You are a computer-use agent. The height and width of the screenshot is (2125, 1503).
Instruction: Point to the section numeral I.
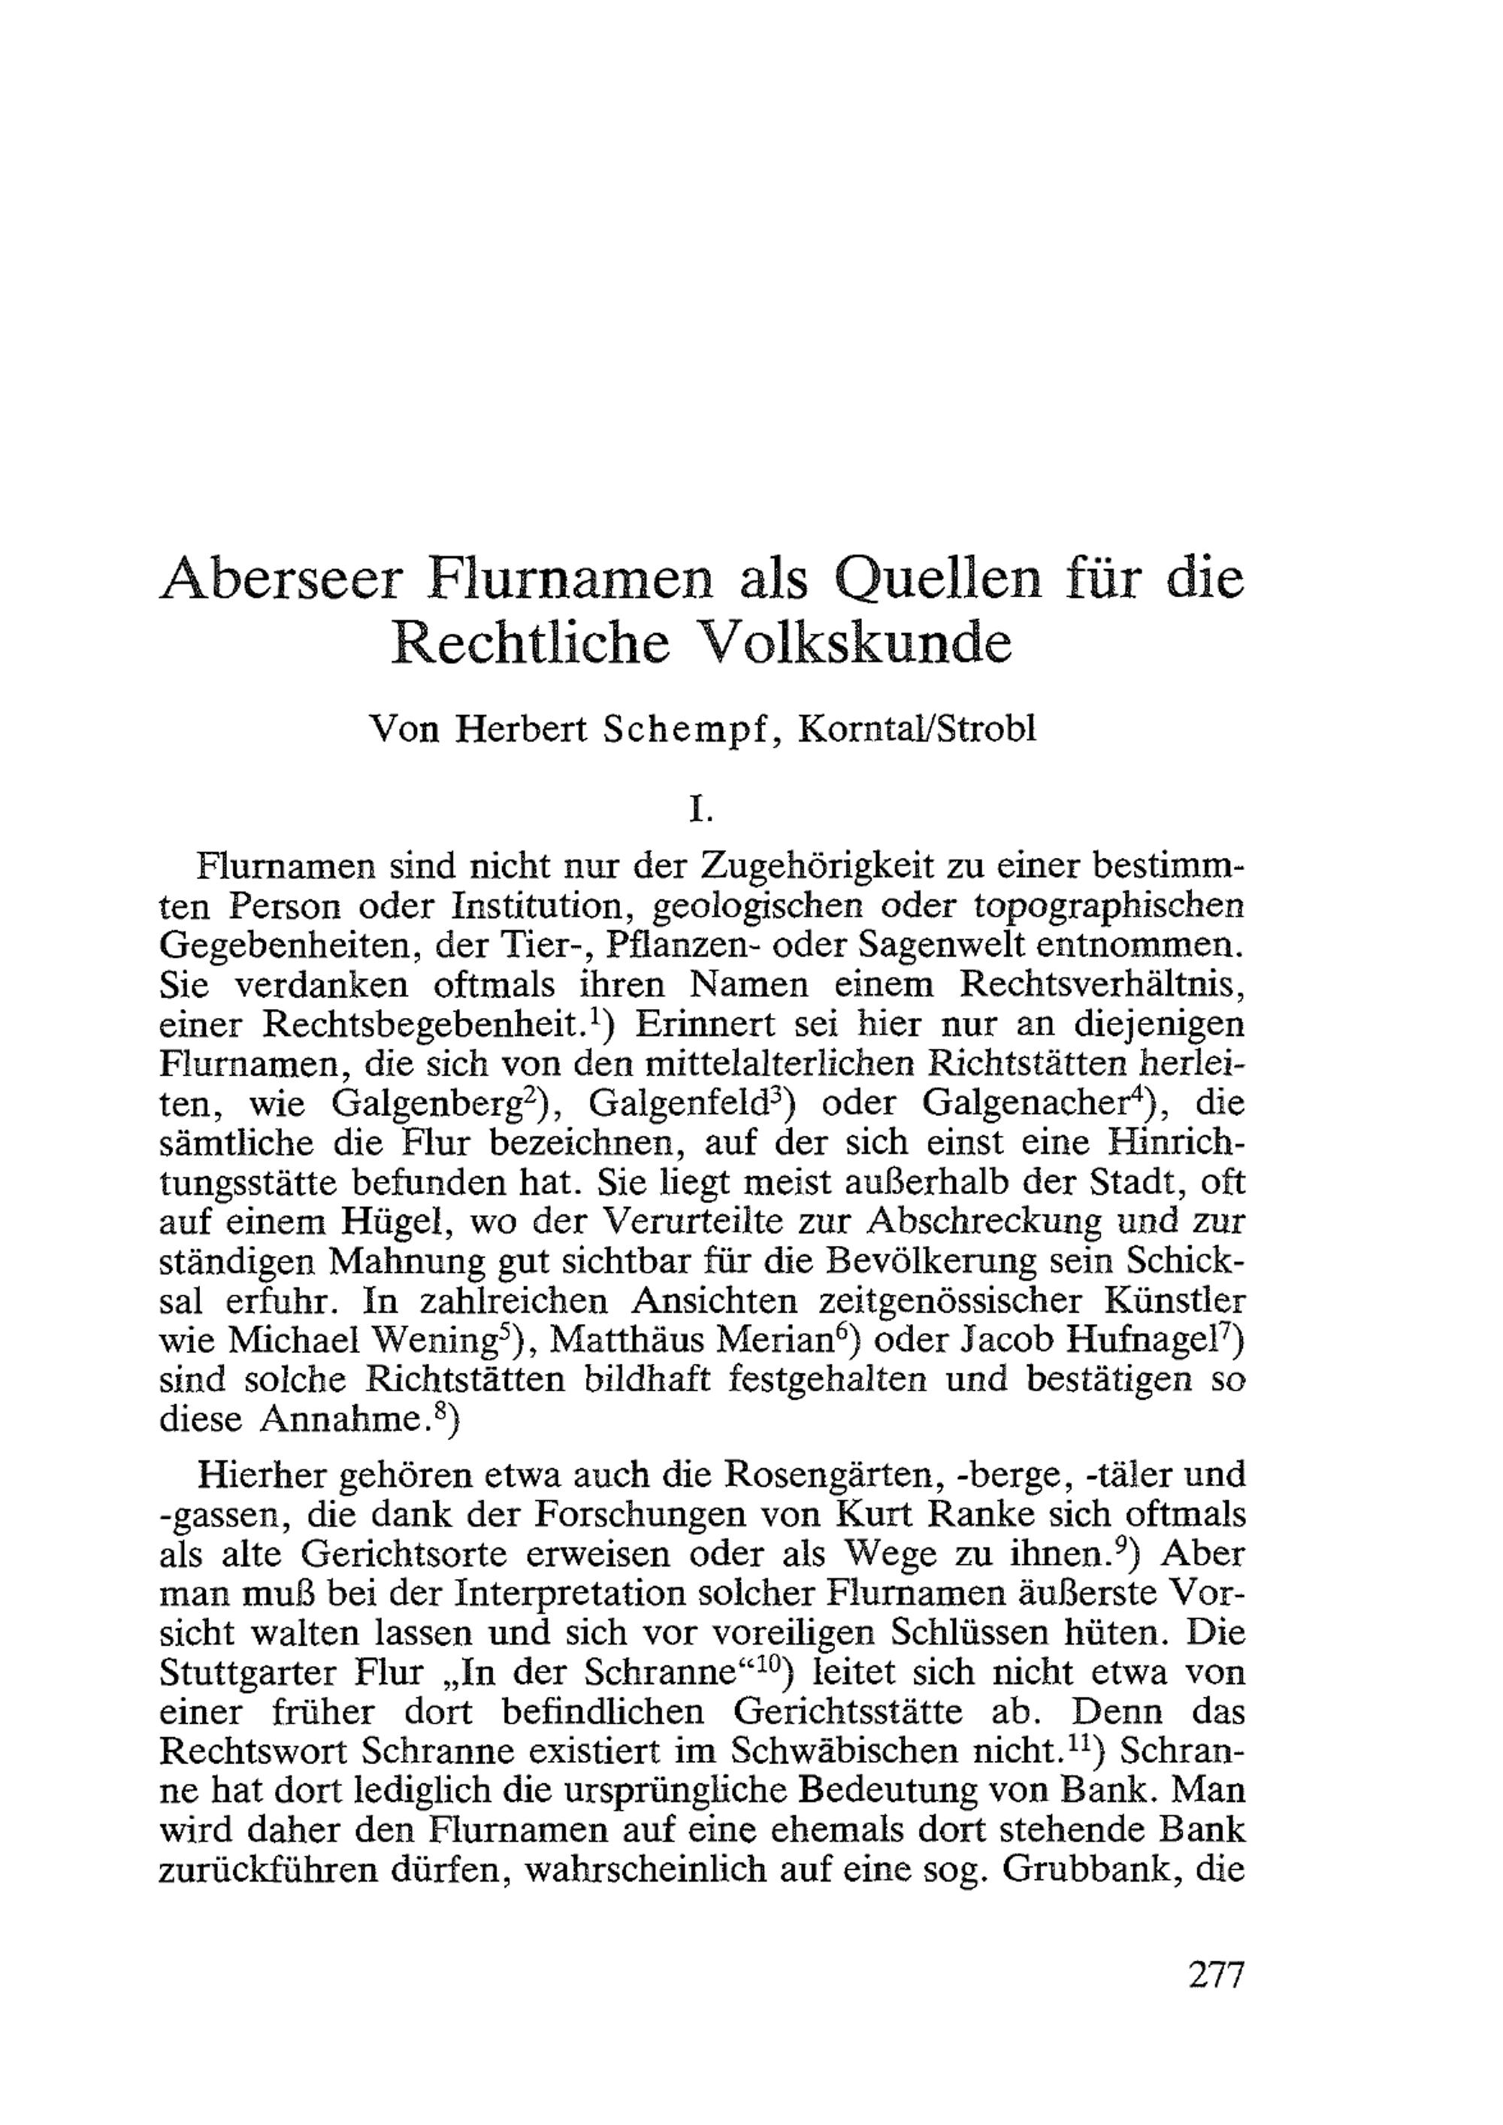point(700,811)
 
